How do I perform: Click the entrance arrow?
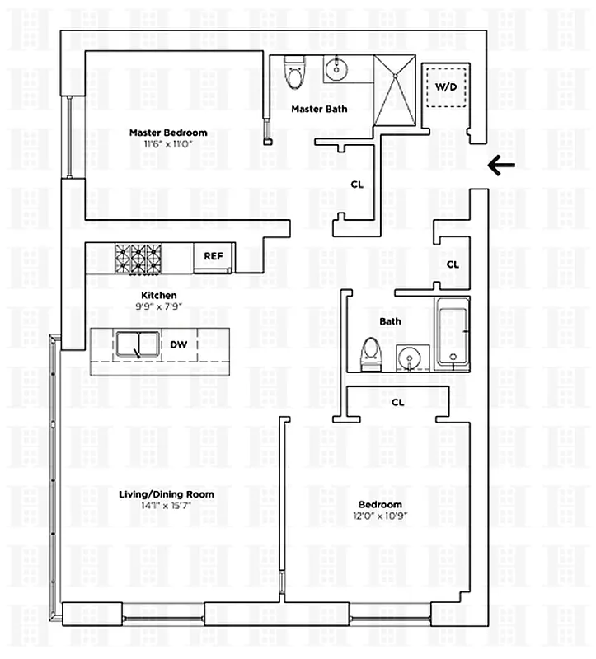501,166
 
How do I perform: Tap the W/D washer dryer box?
445,85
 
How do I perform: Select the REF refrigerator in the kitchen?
214,256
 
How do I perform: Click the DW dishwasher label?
178,345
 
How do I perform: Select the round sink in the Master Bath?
336,70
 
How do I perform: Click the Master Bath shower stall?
397,88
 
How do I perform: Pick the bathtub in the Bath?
452,332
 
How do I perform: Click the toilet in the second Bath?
371,352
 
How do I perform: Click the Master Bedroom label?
168,133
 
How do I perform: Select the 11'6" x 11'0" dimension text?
168,143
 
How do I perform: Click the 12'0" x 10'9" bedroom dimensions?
380,516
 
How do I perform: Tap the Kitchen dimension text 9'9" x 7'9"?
158,306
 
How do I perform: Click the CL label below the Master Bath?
357,185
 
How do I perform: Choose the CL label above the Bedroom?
397,403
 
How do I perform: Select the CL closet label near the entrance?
453,264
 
